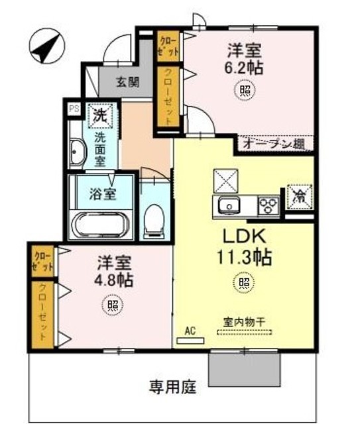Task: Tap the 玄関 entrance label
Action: click(128, 82)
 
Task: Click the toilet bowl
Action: click(154, 219)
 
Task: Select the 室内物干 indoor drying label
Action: click(243, 321)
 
